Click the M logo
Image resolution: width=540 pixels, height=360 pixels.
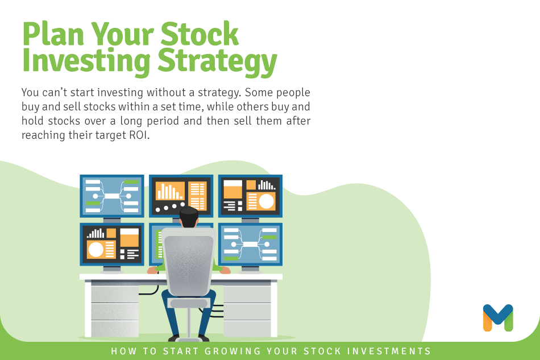[498, 317]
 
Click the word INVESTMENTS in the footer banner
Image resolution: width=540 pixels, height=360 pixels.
[389, 351]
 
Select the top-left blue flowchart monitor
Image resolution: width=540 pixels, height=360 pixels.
[112, 196]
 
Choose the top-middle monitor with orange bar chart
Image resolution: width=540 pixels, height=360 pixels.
[181, 195]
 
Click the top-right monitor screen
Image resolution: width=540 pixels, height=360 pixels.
[250, 196]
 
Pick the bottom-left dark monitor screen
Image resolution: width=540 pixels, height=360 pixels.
[112, 244]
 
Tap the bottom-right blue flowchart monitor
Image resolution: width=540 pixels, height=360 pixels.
[250, 244]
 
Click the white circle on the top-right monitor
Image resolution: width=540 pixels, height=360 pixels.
[266, 201]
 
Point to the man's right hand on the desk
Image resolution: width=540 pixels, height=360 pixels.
[225, 271]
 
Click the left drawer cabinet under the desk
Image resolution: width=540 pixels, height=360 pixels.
[112, 309]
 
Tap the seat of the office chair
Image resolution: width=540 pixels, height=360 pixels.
[189, 303]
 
